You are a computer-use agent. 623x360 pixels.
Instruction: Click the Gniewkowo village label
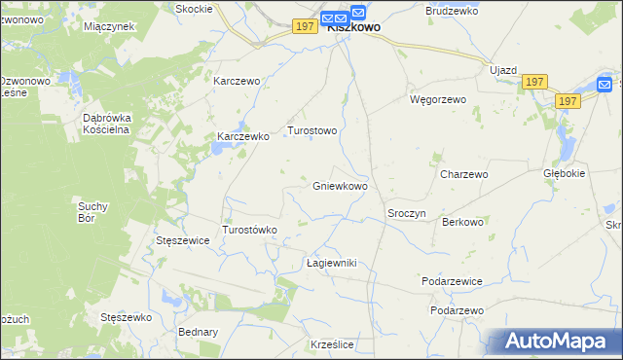point(340,186)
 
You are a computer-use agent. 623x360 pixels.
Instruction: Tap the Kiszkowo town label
point(353,28)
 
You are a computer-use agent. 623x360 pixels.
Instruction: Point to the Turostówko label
point(251,230)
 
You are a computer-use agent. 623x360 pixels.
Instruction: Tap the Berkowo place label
point(462,222)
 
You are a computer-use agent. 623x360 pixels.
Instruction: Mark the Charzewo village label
point(463,175)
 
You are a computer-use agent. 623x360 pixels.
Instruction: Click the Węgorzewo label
point(438,99)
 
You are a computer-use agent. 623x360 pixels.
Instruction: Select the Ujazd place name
point(503,71)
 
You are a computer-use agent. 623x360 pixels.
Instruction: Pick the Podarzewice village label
point(452,281)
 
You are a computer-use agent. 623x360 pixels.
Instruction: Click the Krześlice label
point(331,345)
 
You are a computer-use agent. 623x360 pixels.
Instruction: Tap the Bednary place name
point(198,332)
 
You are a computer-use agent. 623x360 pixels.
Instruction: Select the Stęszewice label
point(183,240)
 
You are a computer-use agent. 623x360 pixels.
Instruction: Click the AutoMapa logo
point(552,342)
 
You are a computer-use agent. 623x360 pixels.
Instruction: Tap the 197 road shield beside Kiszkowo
point(304,26)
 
